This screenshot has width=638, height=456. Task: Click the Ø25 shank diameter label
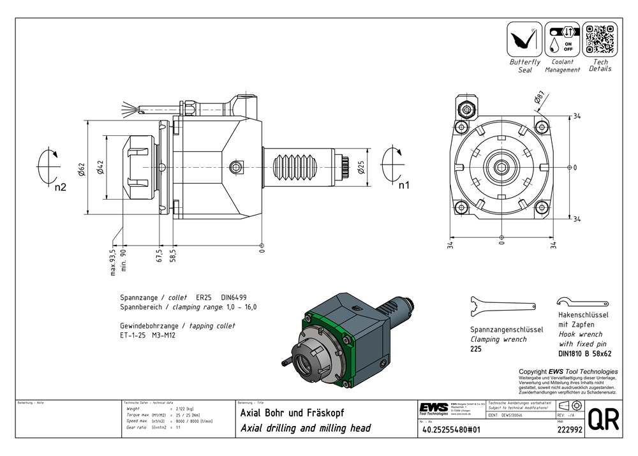pyautogui.click(x=362, y=167)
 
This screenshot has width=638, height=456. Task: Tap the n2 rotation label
pyautogui.click(x=60, y=188)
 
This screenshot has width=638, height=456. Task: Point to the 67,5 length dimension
pyautogui.click(x=159, y=256)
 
